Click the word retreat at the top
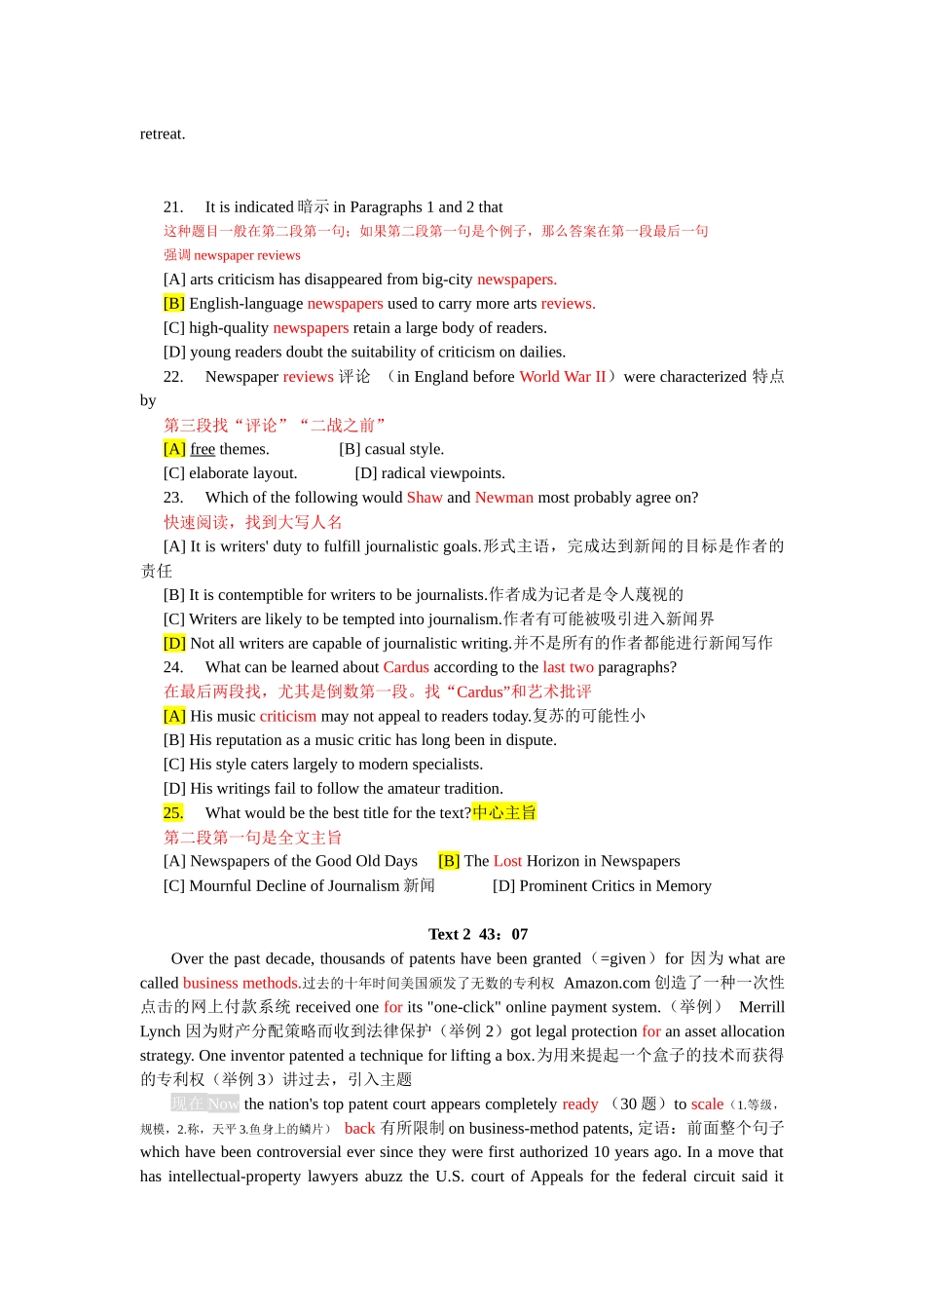[x=163, y=134]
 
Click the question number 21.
[x=173, y=207]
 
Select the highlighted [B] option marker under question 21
[x=174, y=304]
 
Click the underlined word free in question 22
[x=203, y=449]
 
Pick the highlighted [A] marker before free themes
[x=174, y=449]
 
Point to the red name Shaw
[x=425, y=498]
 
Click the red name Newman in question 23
[x=504, y=498]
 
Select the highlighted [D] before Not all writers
[x=174, y=643]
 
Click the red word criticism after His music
[x=288, y=716]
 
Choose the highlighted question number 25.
[x=173, y=813]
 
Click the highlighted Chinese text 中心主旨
[x=504, y=813]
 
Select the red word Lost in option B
[x=507, y=861]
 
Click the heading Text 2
[x=449, y=934]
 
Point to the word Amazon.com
[x=607, y=983]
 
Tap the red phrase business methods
[x=241, y=983]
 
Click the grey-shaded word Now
[x=223, y=1103]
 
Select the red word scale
[x=707, y=1103]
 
